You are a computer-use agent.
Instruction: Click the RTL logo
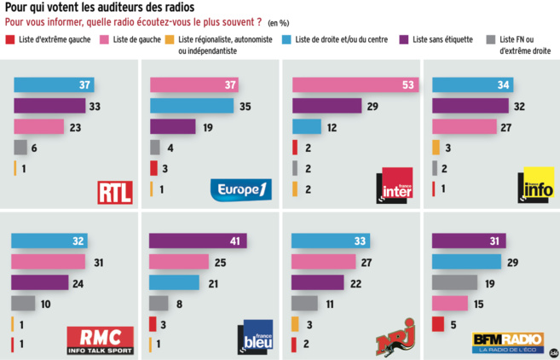tap(115, 191)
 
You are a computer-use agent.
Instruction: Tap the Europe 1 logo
tap(240, 189)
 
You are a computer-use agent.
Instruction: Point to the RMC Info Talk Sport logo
tap(100, 340)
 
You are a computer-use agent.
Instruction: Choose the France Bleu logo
tap(255, 335)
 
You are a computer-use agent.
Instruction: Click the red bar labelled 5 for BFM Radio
tap(438, 323)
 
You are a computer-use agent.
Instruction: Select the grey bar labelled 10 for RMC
tap(23, 303)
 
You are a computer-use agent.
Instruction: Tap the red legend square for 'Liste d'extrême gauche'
tap(9, 39)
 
